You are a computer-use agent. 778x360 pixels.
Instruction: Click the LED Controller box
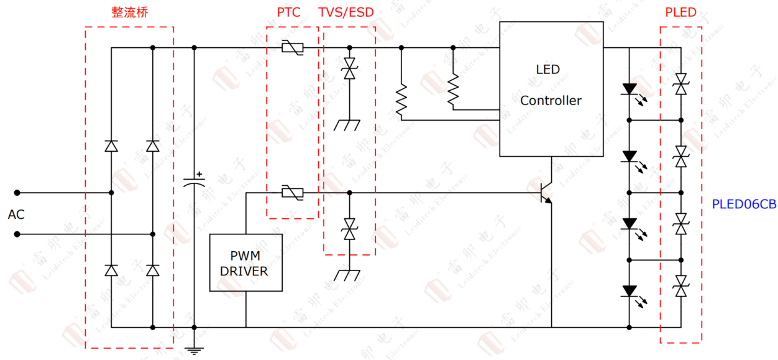551,89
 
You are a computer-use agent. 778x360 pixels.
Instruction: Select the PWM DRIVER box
245,263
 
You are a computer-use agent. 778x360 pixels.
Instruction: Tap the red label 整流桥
130,13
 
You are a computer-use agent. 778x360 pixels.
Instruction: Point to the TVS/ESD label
347,13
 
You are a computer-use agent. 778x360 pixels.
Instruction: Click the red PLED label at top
680,13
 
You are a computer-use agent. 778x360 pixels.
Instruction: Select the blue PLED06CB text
744,204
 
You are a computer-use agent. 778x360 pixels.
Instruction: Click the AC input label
16,215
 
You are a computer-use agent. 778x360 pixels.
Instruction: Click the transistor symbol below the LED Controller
545,193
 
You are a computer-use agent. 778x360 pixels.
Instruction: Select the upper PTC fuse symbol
292,47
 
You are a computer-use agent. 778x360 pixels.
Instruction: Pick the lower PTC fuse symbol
292,193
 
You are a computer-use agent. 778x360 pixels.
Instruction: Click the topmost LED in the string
629,89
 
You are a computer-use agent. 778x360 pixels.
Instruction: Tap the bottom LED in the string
629,290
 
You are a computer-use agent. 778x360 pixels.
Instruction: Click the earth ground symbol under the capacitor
194,350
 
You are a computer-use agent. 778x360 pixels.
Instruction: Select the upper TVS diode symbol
349,68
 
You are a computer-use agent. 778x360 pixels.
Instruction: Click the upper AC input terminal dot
17,193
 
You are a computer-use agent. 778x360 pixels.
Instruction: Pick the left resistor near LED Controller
401,99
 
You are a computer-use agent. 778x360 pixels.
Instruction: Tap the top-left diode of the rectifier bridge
111,146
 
